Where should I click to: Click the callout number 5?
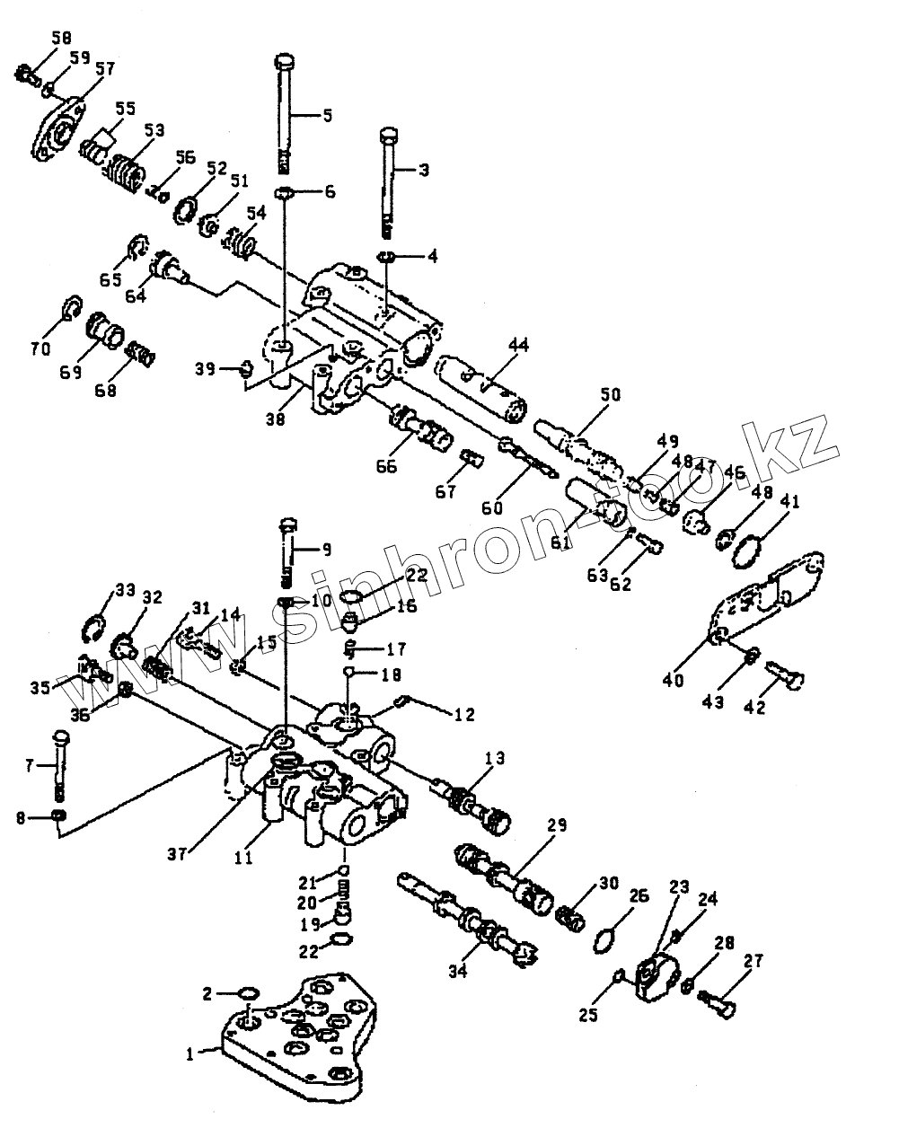click(x=327, y=114)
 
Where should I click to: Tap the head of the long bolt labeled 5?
click(x=285, y=62)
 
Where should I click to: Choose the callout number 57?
click(x=105, y=67)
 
